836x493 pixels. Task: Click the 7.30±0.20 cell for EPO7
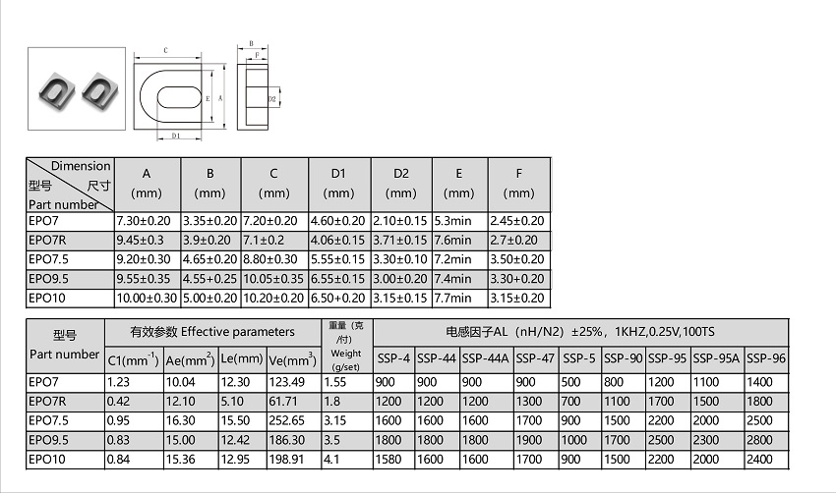point(144,221)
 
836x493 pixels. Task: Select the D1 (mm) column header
point(338,183)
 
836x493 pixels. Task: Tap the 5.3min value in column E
point(452,221)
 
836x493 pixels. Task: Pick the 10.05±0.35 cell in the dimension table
point(273,279)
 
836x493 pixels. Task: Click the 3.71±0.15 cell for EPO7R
point(400,240)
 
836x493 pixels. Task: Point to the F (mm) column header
point(518,183)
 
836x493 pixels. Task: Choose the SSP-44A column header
point(486,358)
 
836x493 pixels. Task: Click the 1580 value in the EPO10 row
point(388,459)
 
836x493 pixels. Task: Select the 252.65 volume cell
point(287,420)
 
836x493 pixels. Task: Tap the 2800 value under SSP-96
point(759,440)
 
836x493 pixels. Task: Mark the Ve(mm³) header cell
point(293,359)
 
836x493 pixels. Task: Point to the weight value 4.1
point(331,459)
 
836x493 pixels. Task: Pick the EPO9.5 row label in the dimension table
point(48,279)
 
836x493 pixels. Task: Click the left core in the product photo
point(56,91)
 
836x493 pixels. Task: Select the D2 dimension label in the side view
point(271,99)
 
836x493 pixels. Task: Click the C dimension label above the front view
point(166,51)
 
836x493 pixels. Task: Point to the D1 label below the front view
point(176,136)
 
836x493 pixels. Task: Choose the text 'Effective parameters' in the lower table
point(238,332)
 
